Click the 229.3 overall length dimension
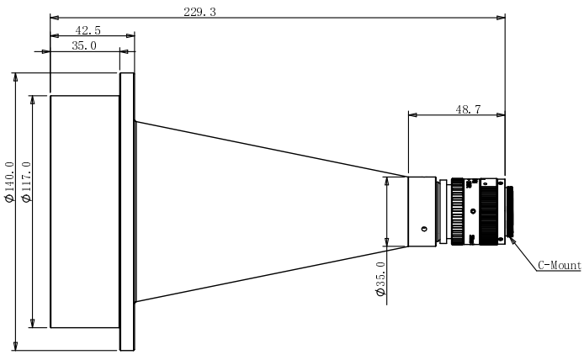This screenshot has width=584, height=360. [199, 12]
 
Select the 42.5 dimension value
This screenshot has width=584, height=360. [88, 30]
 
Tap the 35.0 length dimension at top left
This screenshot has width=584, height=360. [84, 45]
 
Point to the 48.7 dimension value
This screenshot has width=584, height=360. [468, 109]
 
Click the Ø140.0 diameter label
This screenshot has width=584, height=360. [9, 182]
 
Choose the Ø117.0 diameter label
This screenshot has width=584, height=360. [27, 182]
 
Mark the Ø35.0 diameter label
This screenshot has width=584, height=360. [380, 278]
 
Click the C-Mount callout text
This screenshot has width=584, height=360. [560, 266]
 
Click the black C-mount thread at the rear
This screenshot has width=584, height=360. [509, 211]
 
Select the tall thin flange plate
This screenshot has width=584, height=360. [126, 211]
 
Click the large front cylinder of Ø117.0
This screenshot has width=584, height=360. [85, 211]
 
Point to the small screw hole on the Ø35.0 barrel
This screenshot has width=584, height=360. [424, 229]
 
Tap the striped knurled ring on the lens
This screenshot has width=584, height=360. [458, 211]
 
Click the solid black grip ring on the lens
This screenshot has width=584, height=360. [489, 211]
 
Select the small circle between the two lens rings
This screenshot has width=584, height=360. [473, 211]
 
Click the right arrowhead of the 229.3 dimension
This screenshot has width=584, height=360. [501, 18]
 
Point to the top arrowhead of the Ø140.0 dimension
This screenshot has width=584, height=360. [15, 77]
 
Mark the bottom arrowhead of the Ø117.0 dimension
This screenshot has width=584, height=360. [33, 323]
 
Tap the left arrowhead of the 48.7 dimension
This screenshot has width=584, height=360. [413, 115]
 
